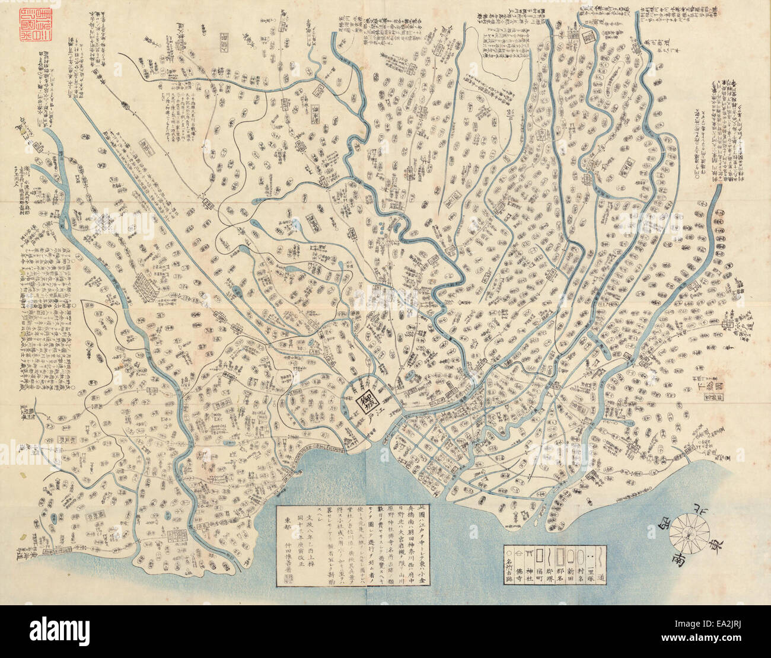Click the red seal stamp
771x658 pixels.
tap(19, 25)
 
